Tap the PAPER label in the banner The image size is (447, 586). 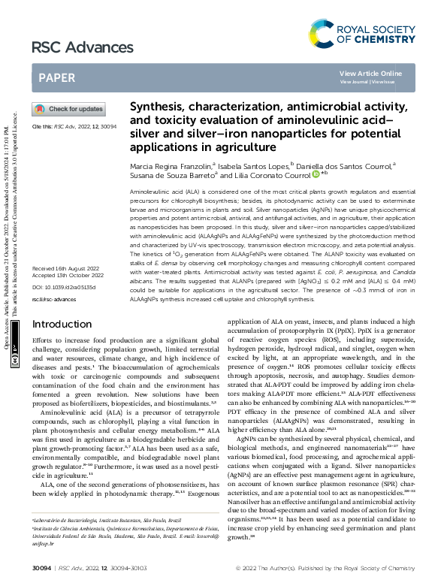(x=56, y=77)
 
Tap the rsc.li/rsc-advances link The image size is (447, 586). (x=50, y=299)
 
